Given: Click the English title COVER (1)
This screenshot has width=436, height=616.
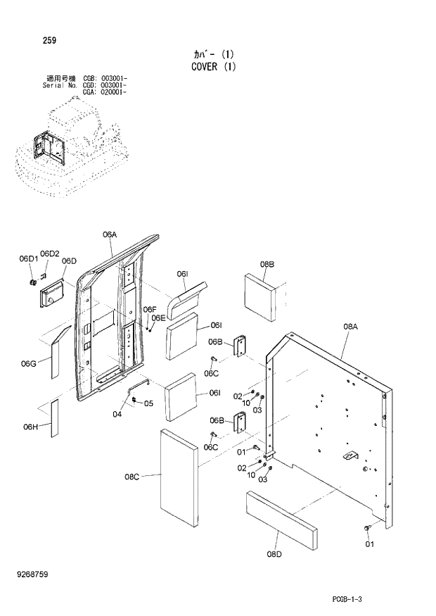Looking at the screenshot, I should point(213,67).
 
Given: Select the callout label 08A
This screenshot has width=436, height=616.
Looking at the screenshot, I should point(351,326).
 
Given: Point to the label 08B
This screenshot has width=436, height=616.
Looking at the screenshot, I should point(267,264).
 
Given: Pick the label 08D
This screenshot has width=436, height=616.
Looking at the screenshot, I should point(274,554).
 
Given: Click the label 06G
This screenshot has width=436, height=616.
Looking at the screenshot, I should point(29,363).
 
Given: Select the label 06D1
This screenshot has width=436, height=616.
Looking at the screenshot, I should point(28,258).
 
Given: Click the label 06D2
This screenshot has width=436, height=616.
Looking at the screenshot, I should point(50,253).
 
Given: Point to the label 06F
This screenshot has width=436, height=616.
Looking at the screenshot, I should point(149,309).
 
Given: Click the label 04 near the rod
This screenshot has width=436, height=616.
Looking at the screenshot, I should point(117,414).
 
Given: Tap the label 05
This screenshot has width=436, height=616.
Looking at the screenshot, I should point(148,403).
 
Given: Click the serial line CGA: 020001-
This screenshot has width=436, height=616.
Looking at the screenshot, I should point(105,92).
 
